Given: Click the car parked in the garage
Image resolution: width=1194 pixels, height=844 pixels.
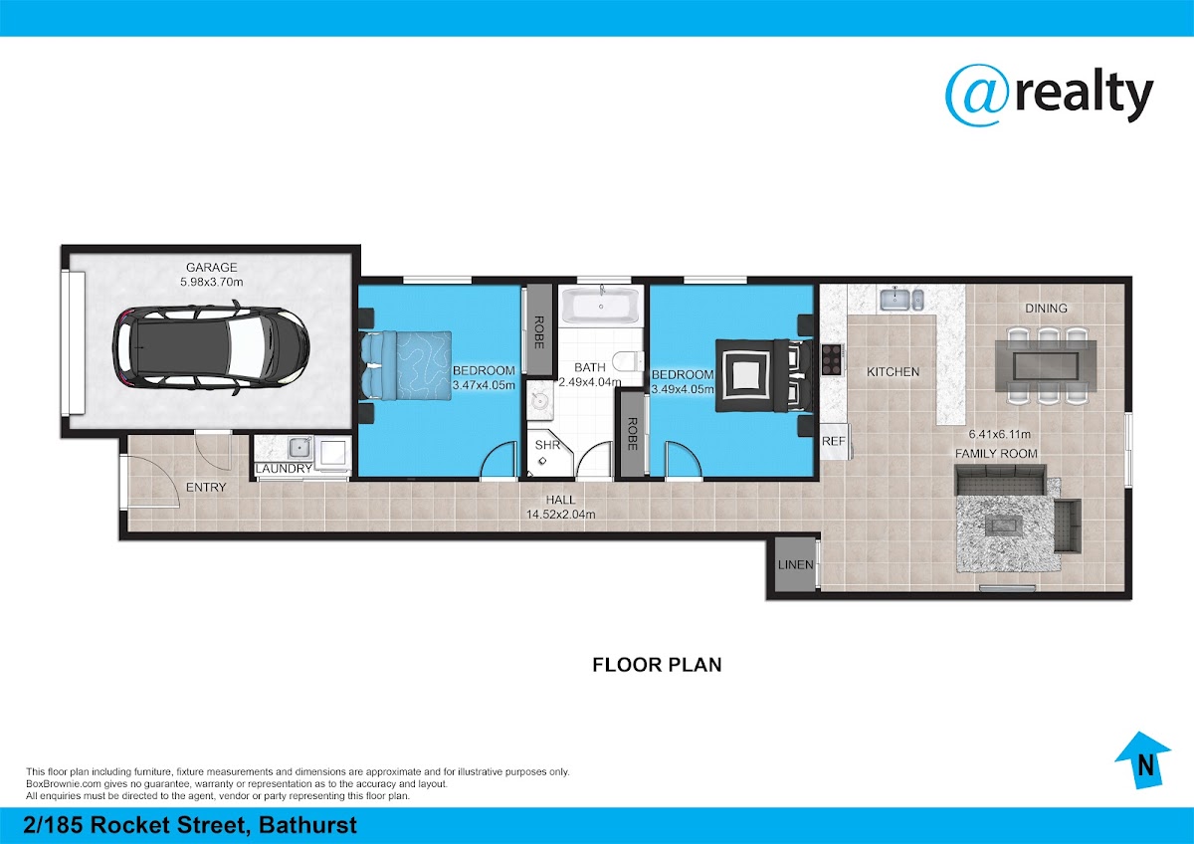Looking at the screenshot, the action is pos(211,347).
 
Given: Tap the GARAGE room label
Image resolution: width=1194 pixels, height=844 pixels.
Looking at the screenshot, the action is pos(212,267).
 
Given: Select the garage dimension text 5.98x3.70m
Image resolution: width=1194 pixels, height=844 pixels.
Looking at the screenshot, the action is pos(212,282).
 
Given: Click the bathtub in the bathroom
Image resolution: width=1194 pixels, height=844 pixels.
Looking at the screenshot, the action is pos(601,306).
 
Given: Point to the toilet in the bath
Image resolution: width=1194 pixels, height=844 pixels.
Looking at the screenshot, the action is pos(628,361).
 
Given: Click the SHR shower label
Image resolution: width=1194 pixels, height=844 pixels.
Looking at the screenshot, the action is pos(547,445).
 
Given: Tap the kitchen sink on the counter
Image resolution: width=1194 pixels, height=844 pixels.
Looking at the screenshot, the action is pos(900,300).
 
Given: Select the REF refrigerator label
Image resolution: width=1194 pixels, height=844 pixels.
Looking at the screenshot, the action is pos(834,442).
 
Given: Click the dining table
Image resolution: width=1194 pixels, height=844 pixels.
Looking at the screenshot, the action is pos(1046,365).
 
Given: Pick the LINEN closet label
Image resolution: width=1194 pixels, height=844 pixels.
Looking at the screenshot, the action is pos(795,564).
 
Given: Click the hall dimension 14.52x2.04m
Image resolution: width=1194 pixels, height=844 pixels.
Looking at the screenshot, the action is pos(561,515).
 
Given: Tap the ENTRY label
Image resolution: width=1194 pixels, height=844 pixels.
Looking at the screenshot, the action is pos(206,487).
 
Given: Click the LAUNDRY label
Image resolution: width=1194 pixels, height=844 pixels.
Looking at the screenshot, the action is pos(285,468).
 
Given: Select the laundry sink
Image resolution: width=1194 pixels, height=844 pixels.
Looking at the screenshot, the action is pos(300,447).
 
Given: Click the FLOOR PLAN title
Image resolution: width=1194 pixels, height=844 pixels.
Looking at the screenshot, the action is pos(658,665).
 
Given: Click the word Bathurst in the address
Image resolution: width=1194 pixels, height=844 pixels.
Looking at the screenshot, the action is pos(307,825).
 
